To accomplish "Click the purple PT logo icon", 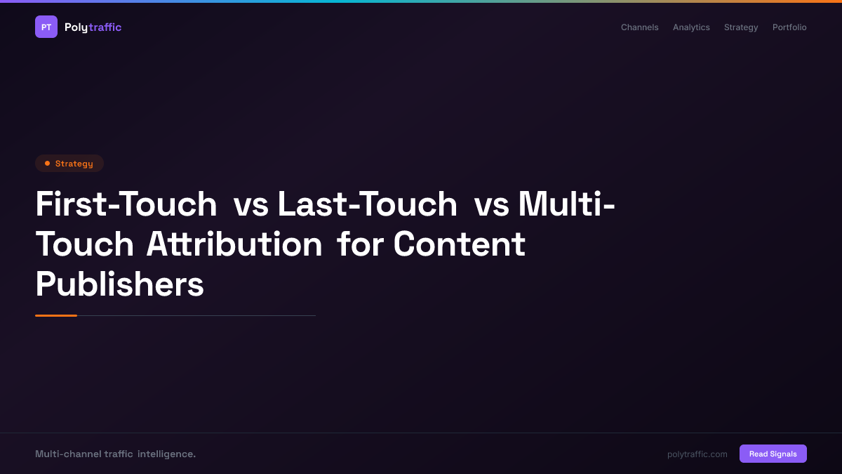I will [x=46, y=27].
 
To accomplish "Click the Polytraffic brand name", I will [x=93, y=27].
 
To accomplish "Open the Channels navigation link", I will [x=639, y=27].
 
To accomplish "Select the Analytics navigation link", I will [x=691, y=27].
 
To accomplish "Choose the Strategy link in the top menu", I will [x=741, y=27].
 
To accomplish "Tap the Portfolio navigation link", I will [x=789, y=27].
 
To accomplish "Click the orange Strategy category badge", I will [x=69, y=164].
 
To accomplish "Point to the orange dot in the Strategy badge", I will [x=47, y=164].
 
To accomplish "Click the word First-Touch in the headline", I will [x=126, y=204].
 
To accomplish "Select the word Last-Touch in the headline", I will [x=367, y=204].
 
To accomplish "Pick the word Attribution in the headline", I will [x=234, y=244].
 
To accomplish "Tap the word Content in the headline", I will [x=459, y=244].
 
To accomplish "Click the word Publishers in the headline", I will [x=119, y=284].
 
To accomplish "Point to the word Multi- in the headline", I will [x=566, y=204].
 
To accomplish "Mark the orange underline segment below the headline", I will [x=56, y=315].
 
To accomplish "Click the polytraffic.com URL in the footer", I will [x=697, y=454].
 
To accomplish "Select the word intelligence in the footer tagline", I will [x=166, y=454].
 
